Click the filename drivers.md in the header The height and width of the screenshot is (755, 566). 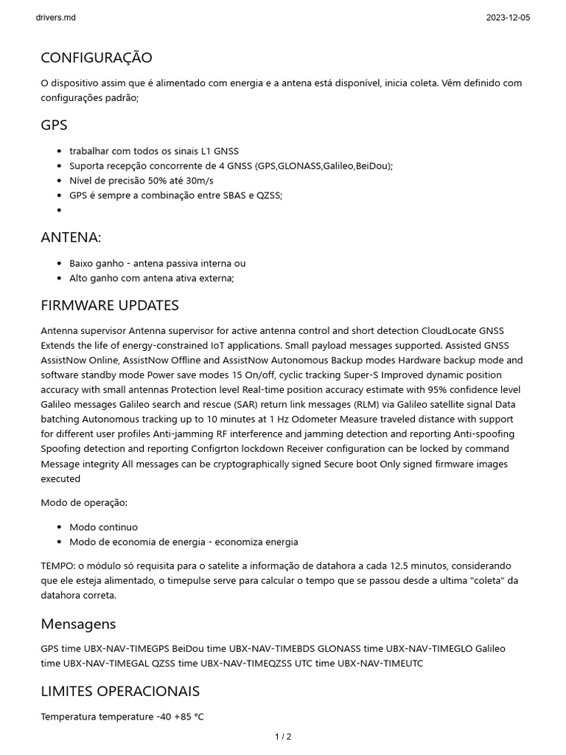55,17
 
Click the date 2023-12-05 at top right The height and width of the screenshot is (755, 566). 508,17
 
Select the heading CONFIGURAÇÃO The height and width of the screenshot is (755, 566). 97,58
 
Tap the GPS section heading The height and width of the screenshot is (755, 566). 54,125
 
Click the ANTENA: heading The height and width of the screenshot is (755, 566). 71,237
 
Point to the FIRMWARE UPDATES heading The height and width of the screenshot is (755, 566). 110,305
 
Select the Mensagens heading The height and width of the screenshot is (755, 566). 78,624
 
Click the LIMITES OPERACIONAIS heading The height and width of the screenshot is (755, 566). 120,692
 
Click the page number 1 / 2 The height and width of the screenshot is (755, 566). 283,736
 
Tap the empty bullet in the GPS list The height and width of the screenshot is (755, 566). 59,210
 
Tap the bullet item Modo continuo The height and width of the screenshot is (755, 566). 103,527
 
